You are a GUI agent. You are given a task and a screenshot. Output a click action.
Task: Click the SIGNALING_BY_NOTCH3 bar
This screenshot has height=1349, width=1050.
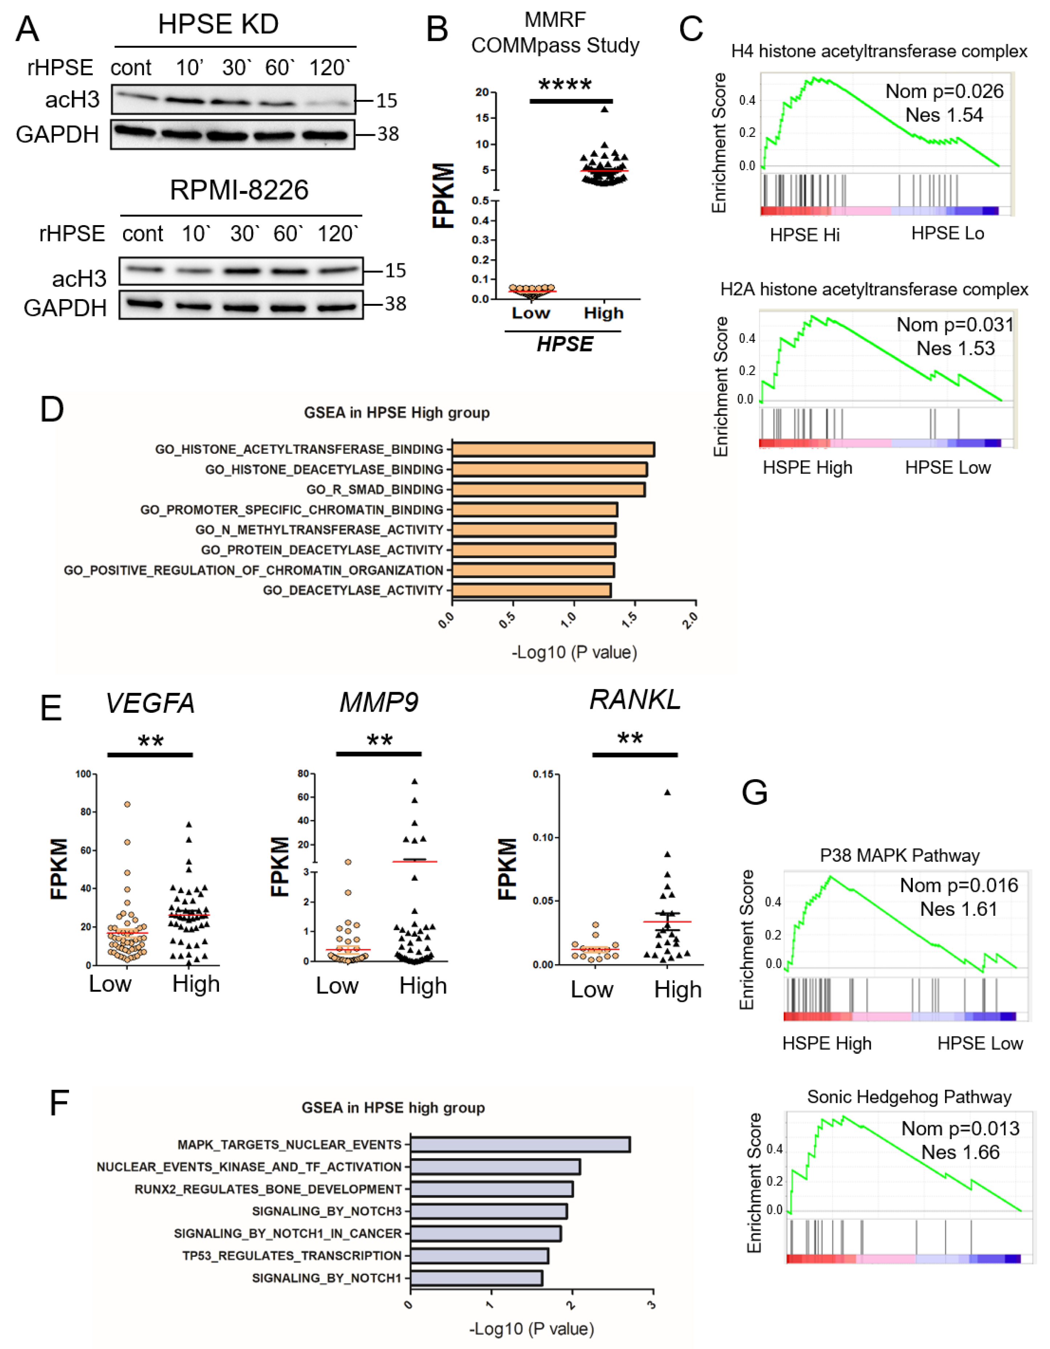click(x=488, y=1211)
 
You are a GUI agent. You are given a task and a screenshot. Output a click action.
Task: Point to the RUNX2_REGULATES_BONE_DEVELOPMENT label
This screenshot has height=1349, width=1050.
click(x=268, y=1189)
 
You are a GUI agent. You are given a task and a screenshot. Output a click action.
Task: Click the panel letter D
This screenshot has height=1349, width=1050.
click(x=52, y=410)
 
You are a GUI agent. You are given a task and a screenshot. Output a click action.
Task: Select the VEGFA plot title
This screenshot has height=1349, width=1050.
click(x=150, y=703)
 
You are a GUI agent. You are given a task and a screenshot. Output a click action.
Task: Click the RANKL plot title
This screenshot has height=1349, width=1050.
click(x=635, y=700)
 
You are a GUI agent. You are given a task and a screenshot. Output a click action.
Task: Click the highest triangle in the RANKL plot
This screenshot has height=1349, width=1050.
click(x=667, y=792)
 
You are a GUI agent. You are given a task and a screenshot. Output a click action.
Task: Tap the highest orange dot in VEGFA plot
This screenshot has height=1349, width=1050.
click(x=127, y=804)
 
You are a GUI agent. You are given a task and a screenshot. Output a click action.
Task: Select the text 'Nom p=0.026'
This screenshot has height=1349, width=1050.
click(x=944, y=92)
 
